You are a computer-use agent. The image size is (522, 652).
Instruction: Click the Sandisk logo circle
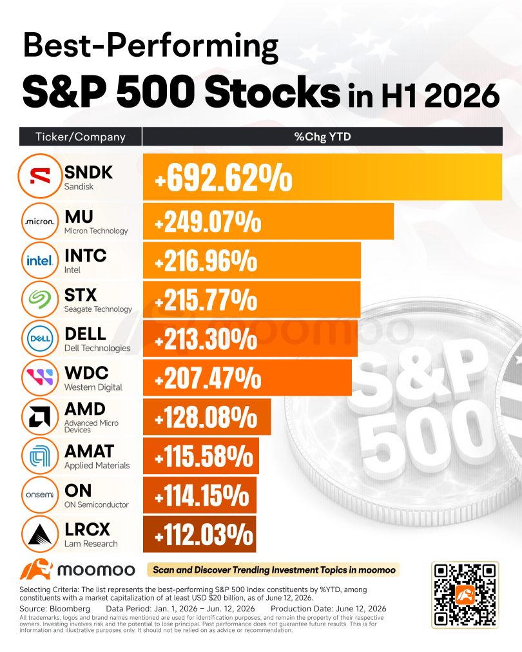[x=40, y=176]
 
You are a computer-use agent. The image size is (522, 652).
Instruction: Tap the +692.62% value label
[x=224, y=178]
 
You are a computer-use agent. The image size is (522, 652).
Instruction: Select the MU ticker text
[x=79, y=216]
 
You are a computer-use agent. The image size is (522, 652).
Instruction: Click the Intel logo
[x=40, y=260]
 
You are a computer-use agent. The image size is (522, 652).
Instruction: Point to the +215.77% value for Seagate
[x=206, y=300]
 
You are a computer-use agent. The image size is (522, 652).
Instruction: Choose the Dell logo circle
[x=40, y=338]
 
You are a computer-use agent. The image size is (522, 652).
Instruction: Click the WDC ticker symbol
[x=86, y=373]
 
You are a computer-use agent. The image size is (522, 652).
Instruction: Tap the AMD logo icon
[x=40, y=417]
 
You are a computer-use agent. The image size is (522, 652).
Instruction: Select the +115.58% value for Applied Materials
[x=204, y=456]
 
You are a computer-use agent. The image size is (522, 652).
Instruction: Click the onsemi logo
[x=40, y=495]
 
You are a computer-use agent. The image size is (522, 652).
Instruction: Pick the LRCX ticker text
[x=88, y=530]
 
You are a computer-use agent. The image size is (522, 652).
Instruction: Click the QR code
[x=465, y=595]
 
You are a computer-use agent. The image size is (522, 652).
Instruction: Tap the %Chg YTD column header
[x=323, y=137]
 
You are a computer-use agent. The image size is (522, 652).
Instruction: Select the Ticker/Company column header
[x=81, y=137]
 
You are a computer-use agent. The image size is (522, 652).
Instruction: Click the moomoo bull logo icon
[x=36, y=570]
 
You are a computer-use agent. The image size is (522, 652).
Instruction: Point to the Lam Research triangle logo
[x=40, y=534]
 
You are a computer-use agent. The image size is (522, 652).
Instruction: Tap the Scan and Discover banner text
[x=274, y=570]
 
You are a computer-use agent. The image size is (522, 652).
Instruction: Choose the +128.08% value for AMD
[x=206, y=417]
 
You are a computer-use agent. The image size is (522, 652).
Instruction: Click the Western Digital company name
[x=93, y=387]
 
